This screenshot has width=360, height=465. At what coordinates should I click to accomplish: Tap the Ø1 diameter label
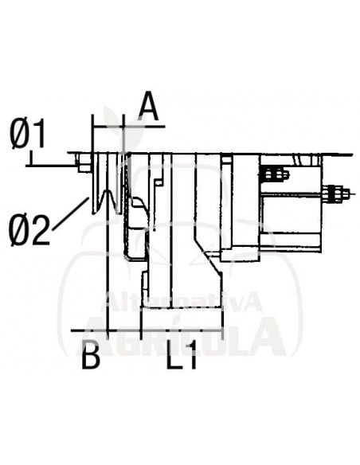(x=29, y=136)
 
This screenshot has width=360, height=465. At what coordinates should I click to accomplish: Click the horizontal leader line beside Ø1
(x=52, y=164)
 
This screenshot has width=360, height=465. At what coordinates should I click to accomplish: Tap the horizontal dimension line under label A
(x=128, y=126)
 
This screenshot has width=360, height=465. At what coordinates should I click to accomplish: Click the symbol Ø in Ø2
(x=20, y=231)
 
